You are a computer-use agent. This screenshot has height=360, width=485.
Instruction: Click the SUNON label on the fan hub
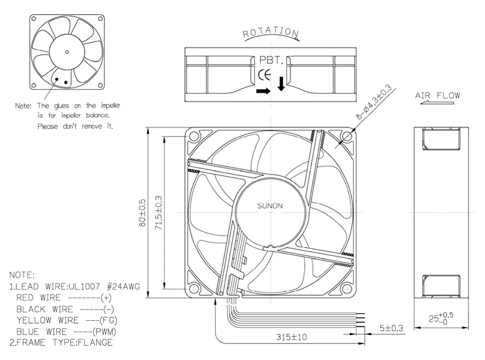pyautogui.click(x=270, y=206)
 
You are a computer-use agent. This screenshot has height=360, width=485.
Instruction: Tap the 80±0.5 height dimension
pyautogui.click(x=142, y=213)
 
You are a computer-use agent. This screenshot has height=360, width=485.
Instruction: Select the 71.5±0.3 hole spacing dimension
pyautogui.click(x=159, y=213)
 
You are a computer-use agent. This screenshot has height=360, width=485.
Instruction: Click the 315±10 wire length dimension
pyautogui.click(x=291, y=337)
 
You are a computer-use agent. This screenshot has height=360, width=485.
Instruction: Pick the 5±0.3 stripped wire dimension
pyautogui.click(x=391, y=328)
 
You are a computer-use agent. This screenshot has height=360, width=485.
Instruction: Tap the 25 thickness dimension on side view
pyautogui.click(x=441, y=319)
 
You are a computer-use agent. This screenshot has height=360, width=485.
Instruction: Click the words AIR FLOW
pyautogui.click(x=437, y=96)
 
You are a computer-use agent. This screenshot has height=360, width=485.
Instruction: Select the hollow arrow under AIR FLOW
pyautogui.click(x=437, y=102)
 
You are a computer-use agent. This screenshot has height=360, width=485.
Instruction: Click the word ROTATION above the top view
pyautogui.click(x=271, y=32)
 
